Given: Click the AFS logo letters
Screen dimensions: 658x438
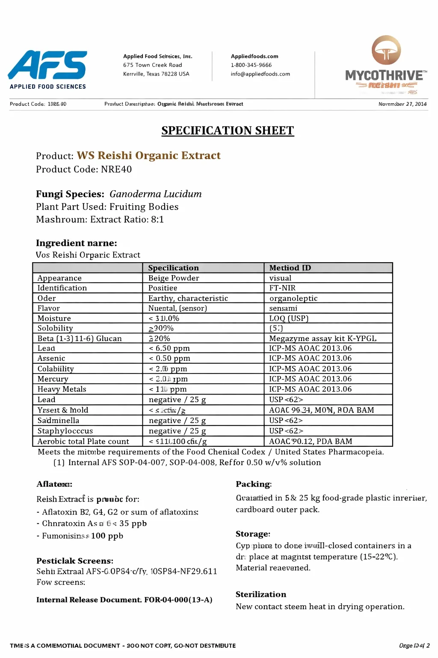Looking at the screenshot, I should [48, 65].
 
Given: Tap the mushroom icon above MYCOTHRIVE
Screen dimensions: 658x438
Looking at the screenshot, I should [386, 50].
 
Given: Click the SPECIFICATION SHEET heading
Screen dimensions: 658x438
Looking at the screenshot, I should [228, 131].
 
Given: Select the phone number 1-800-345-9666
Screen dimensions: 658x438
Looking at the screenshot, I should [251, 65].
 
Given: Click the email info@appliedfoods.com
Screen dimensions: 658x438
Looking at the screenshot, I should [260, 74].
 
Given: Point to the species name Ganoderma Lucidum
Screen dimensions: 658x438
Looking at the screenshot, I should [155, 194].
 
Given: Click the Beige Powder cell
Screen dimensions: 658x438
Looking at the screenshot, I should [174, 278].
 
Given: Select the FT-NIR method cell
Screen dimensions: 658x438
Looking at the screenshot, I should [282, 288].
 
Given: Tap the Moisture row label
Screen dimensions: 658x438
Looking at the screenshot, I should [54, 318].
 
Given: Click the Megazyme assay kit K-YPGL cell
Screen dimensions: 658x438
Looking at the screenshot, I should [323, 338].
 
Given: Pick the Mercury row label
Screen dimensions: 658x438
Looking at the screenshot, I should [53, 379].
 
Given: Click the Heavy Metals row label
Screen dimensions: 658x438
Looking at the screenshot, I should [62, 389].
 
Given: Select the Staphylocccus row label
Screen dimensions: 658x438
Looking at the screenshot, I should [65, 431].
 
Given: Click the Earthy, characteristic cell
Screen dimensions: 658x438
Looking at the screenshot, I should [188, 298].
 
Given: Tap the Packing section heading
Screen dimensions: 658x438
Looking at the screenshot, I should [253, 484].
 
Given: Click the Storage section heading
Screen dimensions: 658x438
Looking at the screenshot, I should [253, 534].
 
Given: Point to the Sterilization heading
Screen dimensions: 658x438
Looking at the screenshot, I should [261, 594].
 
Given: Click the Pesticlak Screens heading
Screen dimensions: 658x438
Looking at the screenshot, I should [75, 561].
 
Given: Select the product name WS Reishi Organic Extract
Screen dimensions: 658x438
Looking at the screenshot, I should [148, 156].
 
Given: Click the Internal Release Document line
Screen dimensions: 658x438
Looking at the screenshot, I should [124, 600].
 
